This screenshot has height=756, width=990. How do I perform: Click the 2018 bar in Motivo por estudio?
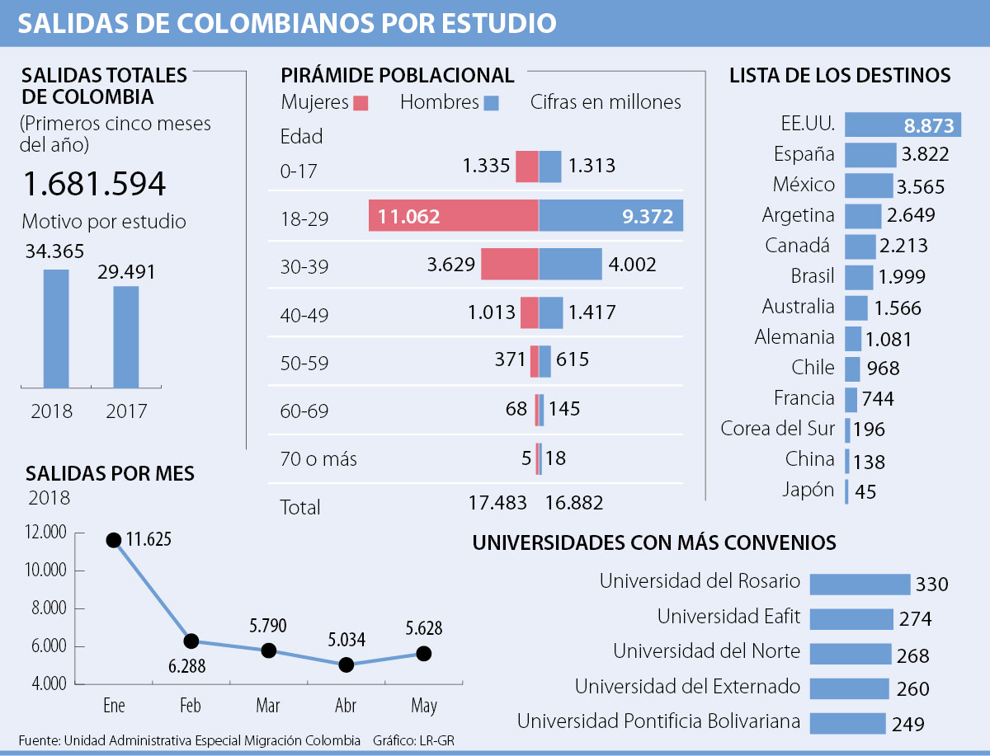pyautogui.click(x=56, y=328)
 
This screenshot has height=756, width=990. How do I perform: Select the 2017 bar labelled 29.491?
pyautogui.click(x=125, y=336)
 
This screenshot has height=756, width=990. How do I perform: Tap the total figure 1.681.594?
pyautogui.click(x=94, y=184)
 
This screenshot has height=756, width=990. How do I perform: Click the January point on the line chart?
pyautogui.click(x=114, y=540)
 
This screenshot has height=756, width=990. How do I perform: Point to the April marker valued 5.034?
pyautogui.click(x=346, y=664)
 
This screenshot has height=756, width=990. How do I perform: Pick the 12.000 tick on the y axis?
pyautogui.click(x=46, y=533)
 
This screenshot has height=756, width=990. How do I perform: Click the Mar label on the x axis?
pyautogui.click(x=268, y=707)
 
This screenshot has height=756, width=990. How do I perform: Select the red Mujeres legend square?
pyautogui.click(x=361, y=103)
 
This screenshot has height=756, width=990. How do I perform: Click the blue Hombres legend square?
pyautogui.click(x=492, y=103)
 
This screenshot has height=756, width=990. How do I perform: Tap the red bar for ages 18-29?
pyautogui.click(x=454, y=216)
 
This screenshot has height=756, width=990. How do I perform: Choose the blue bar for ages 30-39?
pyautogui.click(x=570, y=265)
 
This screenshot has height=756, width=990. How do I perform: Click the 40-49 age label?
pyautogui.click(x=304, y=314)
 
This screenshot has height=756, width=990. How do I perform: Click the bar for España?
pyautogui.click(x=870, y=155)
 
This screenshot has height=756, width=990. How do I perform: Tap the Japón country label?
pyautogui.click(x=808, y=490)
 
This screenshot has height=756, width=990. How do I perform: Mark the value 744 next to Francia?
pyautogui.click(x=878, y=400)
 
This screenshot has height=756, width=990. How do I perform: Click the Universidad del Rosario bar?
pyautogui.click(x=860, y=584)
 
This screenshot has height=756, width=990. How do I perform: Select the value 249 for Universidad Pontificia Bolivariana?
pyautogui.click(x=907, y=725)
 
